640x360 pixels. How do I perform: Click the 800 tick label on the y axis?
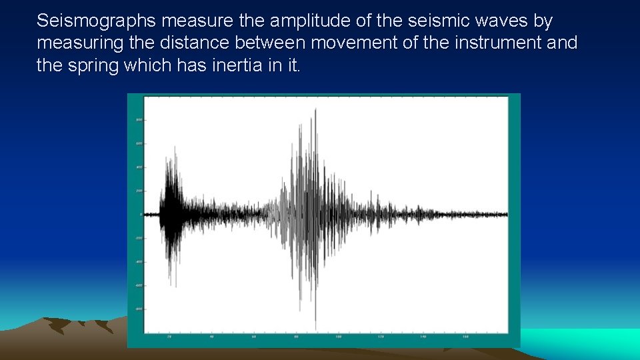point(139,120)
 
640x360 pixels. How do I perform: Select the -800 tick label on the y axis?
point(139,309)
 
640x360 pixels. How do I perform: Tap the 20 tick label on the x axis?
point(169,337)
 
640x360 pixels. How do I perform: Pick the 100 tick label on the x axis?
point(338,337)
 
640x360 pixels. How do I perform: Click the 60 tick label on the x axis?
point(253,337)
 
